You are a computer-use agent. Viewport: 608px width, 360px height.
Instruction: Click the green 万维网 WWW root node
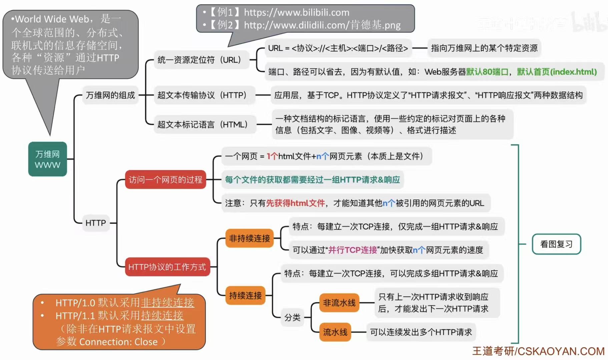(x=47, y=159)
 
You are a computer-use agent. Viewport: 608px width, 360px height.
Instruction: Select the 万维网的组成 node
(x=110, y=95)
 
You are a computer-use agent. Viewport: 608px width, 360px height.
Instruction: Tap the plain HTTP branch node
(x=96, y=223)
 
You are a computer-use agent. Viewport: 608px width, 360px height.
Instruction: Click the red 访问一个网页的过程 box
(x=165, y=180)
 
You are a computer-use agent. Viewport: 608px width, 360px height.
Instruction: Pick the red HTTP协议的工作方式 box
(x=167, y=267)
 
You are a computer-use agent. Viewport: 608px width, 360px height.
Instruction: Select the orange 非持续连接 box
(x=249, y=238)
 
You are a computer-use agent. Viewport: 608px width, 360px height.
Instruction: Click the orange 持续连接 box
(x=245, y=295)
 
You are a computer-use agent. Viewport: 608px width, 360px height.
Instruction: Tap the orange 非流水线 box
(x=339, y=303)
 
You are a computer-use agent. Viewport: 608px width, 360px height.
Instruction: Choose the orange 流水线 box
(x=335, y=332)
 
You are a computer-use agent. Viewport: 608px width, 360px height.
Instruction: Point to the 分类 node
(x=292, y=317)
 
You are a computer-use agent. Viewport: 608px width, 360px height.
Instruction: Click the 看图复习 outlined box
(x=556, y=244)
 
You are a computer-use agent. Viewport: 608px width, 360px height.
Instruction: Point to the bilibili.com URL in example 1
(x=296, y=13)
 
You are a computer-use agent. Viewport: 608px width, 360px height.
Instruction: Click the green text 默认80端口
(x=487, y=72)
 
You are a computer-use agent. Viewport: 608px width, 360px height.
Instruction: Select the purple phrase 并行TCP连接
(x=353, y=250)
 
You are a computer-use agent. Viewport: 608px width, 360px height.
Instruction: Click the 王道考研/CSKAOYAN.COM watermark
(x=538, y=351)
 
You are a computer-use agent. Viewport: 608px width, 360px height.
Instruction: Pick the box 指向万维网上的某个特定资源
(x=484, y=48)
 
